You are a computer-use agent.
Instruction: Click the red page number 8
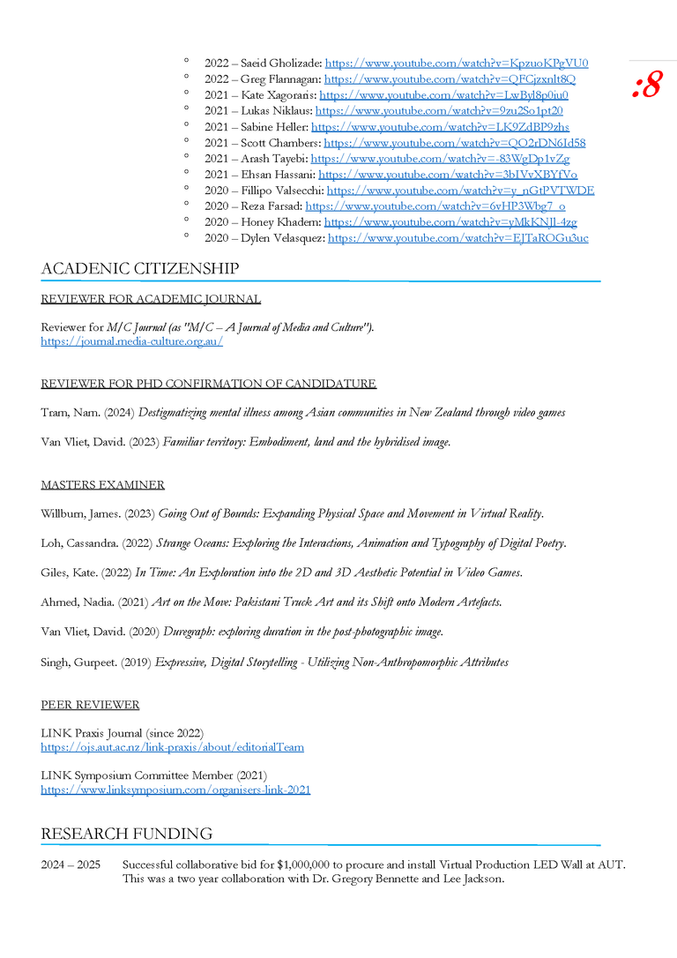pyautogui.click(x=647, y=86)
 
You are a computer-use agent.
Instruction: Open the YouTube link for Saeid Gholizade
pyautogui.click(x=457, y=64)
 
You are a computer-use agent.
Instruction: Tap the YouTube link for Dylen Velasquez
pyautogui.click(x=458, y=238)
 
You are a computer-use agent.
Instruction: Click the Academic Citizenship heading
pyautogui.click(x=139, y=268)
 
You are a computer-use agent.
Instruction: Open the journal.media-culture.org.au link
pyautogui.click(x=131, y=341)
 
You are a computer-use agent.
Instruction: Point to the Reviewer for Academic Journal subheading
pyautogui.click(x=151, y=299)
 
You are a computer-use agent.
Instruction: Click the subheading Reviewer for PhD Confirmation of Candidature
pyautogui.click(x=208, y=384)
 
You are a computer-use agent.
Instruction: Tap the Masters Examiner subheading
pyautogui.click(x=102, y=485)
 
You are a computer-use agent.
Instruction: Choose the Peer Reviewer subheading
pyautogui.click(x=90, y=705)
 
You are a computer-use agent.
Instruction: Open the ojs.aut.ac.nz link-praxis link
pyautogui.click(x=172, y=747)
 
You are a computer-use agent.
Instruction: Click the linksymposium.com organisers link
pyautogui.click(x=175, y=790)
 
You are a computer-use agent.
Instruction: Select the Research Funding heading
pyautogui.click(x=126, y=834)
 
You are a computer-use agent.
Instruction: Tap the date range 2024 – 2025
pyautogui.click(x=71, y=864)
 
